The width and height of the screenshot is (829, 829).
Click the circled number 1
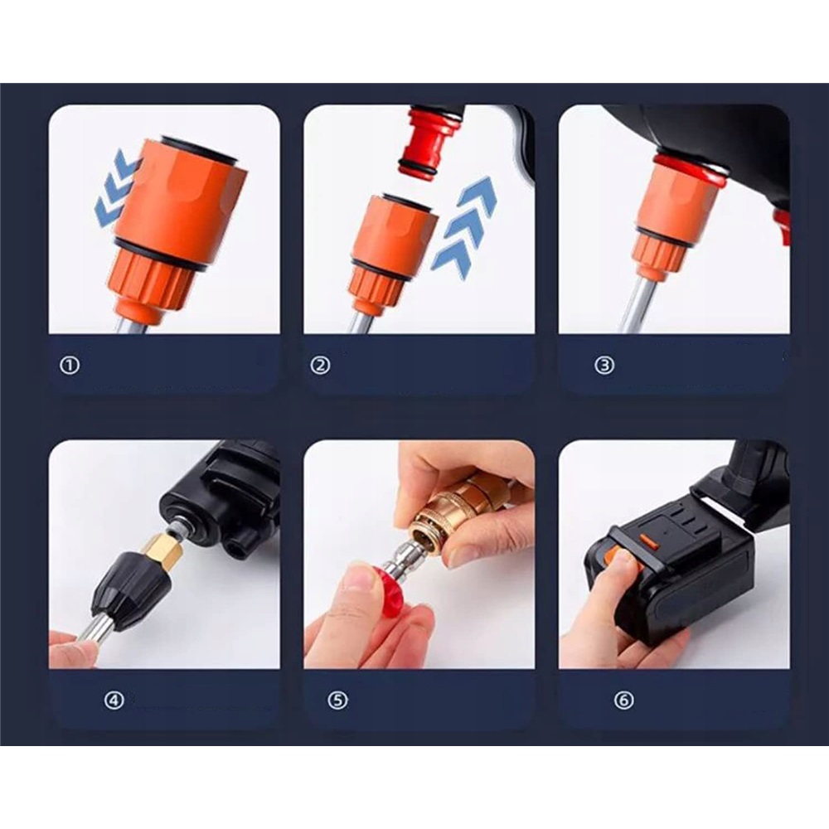[x=70, y=365]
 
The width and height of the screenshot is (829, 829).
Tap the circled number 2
[x=320, y=365]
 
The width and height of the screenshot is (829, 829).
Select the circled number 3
[x=604, y=365]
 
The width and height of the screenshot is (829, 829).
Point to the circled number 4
[x=114, y=701]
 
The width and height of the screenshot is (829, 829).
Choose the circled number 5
[x=337, y=701]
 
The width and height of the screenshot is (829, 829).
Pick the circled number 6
[x=624, y=701]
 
